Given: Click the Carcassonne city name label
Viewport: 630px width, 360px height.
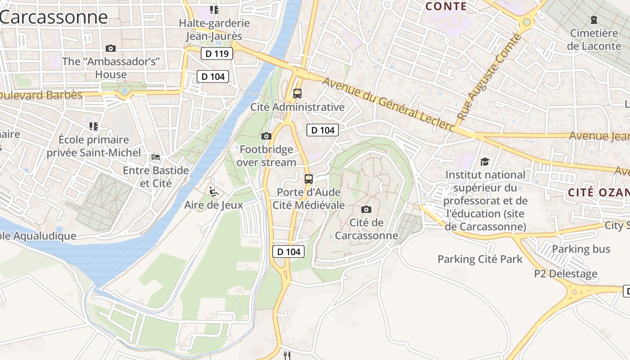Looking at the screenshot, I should (x=54, y=17).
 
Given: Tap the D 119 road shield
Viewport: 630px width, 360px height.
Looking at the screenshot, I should (x=216, y=54).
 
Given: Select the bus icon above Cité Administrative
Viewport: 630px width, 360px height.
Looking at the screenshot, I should (x=297, y=94).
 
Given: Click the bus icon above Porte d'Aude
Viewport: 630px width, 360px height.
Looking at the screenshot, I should (x=308, y=179).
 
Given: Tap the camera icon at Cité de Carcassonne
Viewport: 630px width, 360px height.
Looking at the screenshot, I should (x=366, y=209).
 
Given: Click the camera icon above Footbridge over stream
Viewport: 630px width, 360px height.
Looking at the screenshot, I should (x=266, y=136).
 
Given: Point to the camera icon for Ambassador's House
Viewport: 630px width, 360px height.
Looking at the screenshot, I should (x=110, y=48).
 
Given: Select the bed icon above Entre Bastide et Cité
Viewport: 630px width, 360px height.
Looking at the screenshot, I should (x=156, y=157).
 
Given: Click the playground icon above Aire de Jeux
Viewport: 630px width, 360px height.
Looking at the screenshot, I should (x=214, y=192).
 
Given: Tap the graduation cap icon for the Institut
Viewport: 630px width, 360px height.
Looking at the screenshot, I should (x=485, y=161).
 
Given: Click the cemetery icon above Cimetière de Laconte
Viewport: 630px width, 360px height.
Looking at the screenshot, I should (x=594, y=20).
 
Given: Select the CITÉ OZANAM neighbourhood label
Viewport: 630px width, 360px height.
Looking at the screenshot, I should (x=598, y=193).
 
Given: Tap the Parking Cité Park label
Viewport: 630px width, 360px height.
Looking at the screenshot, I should (x=480, y=259).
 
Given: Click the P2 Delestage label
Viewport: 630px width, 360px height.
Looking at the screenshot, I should (x=566, y=273).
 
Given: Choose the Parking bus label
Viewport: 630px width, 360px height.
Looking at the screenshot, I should (x=581, y=249).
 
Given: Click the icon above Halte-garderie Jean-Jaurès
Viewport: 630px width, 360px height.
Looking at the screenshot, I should (x=214, y=9).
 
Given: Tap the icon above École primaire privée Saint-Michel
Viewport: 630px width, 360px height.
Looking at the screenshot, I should (x=94, y=126).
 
